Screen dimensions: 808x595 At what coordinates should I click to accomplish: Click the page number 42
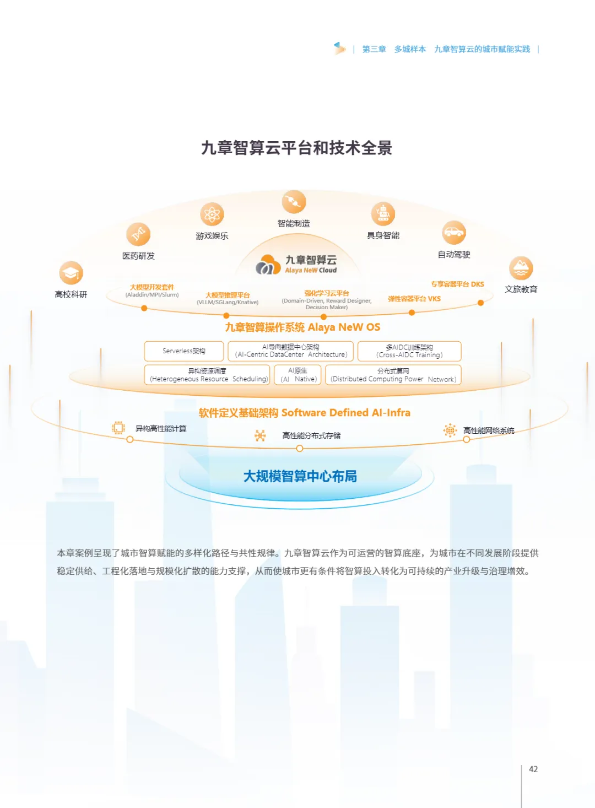[533, 769]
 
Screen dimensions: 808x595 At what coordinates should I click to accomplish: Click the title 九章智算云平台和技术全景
[296, 148]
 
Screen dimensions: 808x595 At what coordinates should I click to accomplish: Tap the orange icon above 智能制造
[294, 202]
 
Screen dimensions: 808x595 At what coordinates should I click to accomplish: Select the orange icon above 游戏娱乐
[212, 214]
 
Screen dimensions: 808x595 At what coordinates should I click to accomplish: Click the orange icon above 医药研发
[138, 235]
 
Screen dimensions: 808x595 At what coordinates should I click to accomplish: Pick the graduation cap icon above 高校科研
[71, 273]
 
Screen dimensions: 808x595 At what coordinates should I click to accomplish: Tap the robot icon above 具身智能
[383, 214]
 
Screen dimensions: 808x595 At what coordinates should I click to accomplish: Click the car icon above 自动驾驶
[454, 233]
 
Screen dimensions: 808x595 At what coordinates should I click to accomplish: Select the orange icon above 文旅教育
[521, 268]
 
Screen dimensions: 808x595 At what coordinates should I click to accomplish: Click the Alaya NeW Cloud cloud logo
[268, 265]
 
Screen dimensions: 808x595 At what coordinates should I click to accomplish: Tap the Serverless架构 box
[184, 351]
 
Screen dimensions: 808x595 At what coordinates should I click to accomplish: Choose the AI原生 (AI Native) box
[297, 375]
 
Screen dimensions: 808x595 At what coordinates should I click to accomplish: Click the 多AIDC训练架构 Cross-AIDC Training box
[409, 351]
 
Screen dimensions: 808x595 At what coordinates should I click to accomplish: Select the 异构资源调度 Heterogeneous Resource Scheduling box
[207, 375]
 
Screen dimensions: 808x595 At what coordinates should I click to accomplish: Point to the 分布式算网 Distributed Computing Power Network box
[393, 375]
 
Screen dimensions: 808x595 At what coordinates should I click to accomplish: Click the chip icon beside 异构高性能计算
[118, 428]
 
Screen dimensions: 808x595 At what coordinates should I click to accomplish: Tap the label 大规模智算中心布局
[300, 476]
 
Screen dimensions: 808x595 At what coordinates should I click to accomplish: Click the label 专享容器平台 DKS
[457, 284]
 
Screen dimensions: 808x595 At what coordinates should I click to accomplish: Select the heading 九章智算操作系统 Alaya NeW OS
[302, 327]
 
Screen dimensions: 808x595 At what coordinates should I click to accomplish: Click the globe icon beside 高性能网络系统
[450, 430]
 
